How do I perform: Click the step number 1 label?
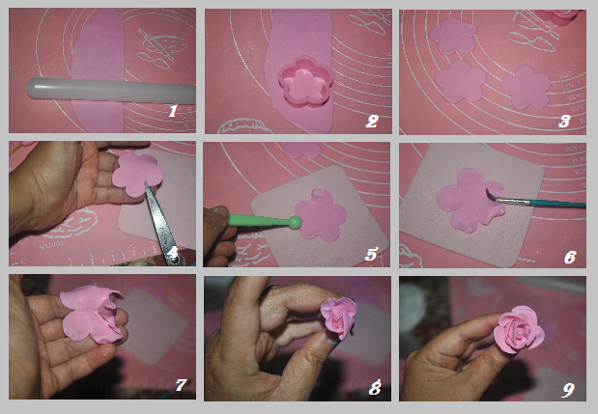pos(173,112)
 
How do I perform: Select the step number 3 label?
pos(565,121)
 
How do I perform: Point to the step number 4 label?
pos(174,255)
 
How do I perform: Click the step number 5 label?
pos(371,255)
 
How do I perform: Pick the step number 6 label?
pos(569,257)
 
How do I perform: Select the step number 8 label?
pos(375,388)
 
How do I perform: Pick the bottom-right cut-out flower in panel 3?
pos(527,87)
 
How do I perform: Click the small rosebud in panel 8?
pos(339,318)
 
